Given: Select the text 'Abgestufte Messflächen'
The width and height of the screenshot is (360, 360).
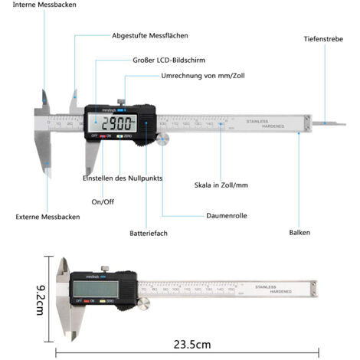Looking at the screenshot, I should pyautogui.click(x=149, y=36).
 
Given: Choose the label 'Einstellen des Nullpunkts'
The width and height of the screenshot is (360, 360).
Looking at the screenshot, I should pyautogui.click(x=122, y=178).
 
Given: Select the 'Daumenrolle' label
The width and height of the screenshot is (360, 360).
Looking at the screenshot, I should pyautogui.click(x=227, y=216).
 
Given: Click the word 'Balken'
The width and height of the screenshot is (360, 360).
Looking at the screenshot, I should pyautogui.click(x=299, y=232).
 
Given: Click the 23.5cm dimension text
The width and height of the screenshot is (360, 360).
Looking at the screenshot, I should pyautogui.click(x=191, y=344).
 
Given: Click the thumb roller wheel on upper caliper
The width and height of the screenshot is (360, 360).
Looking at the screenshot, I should pyautogui.click(x=162, y=138).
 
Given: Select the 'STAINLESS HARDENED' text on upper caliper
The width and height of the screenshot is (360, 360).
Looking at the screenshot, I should pyautogui.click(x=265, y=123).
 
